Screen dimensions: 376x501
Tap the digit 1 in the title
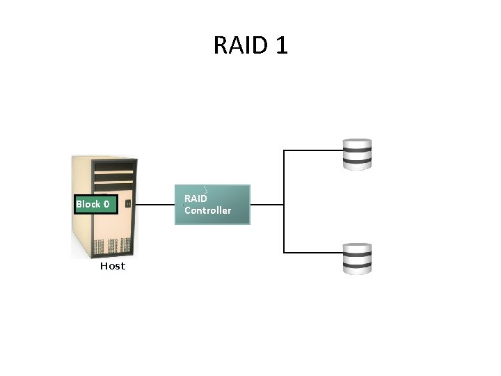282,45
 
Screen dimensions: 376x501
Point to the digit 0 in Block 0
106,204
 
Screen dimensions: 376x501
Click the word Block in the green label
88,204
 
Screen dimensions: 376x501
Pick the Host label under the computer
112,266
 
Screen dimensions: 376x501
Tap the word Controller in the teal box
207,210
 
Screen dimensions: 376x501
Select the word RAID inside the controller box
196,198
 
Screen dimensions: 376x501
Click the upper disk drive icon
358,154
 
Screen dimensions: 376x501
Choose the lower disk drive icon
358,258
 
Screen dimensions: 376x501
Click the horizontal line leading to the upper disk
313,149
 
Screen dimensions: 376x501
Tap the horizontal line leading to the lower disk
313,252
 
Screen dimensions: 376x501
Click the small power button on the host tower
127,203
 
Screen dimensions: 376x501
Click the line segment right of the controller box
267,205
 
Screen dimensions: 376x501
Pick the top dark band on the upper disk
358,148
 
